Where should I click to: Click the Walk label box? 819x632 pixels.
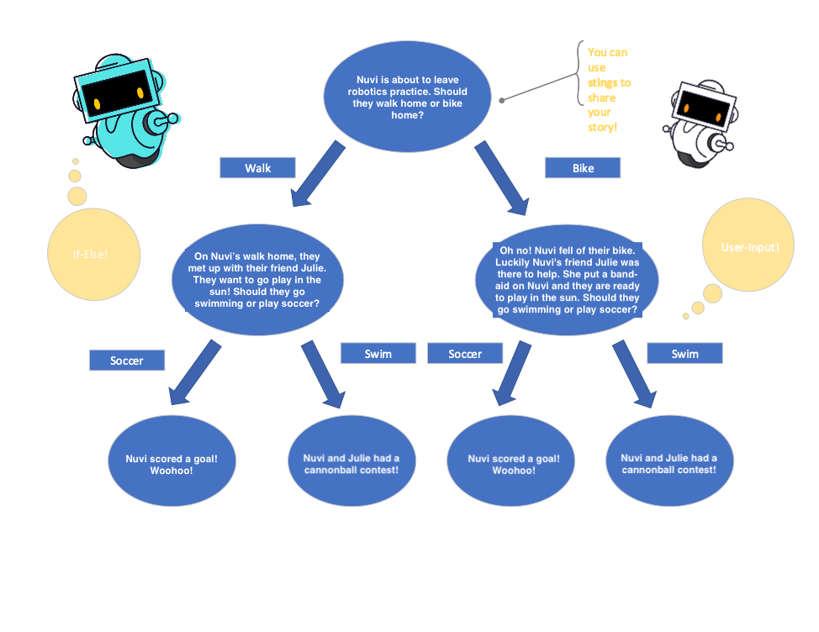[x=257, y=168]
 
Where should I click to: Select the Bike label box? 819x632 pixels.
[x=583, y=168]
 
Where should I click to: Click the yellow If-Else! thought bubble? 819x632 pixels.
[x=94, y=254]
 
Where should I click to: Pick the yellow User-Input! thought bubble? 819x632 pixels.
[x=748, y=246]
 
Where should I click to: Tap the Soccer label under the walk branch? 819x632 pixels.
[x=127, y=361]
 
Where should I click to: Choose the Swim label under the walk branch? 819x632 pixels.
[x=378, y=354]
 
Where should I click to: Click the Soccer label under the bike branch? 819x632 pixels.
[x=465, y=354]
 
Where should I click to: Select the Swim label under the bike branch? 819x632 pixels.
[x=684, y=354]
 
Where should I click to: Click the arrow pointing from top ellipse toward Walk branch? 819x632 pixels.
[x=318, y=174]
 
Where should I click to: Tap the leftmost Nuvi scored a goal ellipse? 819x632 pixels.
[x=172, y=465]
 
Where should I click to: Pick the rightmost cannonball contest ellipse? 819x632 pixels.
[x=669, y=463]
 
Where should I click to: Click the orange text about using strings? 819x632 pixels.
[x=608, y=90]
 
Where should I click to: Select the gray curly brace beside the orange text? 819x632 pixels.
[x=580, y=74]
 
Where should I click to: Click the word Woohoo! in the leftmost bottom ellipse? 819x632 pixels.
[x=172, y=471]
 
